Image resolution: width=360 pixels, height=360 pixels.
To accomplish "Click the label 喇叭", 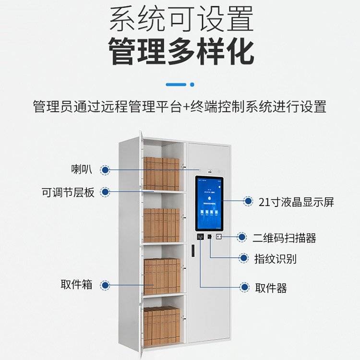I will [x=82, y=169].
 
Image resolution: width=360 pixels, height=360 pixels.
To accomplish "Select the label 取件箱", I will [x=76, y=285].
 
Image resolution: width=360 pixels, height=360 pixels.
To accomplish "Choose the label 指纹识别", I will [x=275, y=259].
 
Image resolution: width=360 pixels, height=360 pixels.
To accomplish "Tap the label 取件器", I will [x=271, y=288].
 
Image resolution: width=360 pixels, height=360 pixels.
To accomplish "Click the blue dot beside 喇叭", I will [x=105, y=169].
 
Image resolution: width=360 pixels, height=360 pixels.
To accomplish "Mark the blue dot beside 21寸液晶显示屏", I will [x=248, y=202].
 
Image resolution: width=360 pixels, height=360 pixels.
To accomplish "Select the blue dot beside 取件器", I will [x=245, y=288].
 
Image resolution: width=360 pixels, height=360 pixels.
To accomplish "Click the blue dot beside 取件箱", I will [x=105, y=285].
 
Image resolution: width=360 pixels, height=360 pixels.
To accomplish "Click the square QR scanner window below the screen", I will [x=219, y=237].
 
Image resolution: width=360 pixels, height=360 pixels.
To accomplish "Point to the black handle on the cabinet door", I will [x=192, y=251].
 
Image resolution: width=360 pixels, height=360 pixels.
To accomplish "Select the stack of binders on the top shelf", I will [x=162, y=173].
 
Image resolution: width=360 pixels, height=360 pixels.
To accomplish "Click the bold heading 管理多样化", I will [x=180, y=52].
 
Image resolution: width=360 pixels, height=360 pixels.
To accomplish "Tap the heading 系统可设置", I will [x=180, y=19].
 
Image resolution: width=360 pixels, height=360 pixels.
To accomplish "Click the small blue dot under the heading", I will [x=192, y=84].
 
